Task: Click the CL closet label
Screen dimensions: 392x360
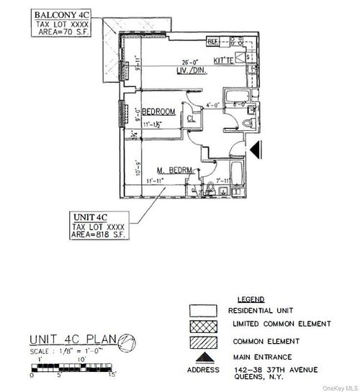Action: tap(191, 119)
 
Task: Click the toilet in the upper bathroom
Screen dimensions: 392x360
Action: tap(247, 123)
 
